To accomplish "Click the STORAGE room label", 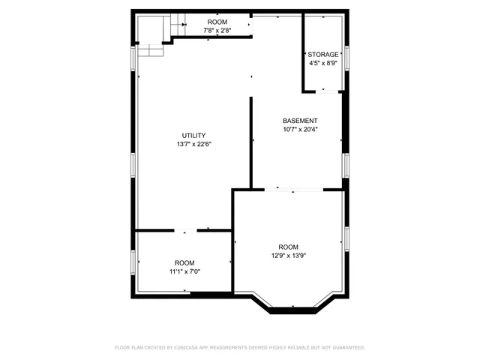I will pyautogui.click(x=323, y=55).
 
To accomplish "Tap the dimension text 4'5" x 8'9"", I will pyautogui.click(x=323, y=64).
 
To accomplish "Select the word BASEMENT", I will pyautogui.click(x=300, y=121).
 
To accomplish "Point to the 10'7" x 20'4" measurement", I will pyautogui.click(x=300, y=129).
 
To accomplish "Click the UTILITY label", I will pyautogui.click(x=193, y=136).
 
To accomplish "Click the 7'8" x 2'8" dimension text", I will pyautogui.click(x=217, y=31).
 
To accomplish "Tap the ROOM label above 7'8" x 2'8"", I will pyautogui.click(x=217, y=22).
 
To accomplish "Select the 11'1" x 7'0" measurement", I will pyautogui.click(x=184, y=271).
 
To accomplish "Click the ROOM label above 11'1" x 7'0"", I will pyautogui.click(x=184, y=262).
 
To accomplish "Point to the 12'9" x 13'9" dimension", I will pyautogui.click(x=288, y=256).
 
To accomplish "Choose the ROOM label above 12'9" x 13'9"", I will pyautogui.click(x=288, y=247).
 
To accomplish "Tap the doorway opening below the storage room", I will pyautogui.click(x=323, y=91).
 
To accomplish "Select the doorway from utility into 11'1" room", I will pyautogui.click(x=191, y=230).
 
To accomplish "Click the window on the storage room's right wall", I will pyautogui.click(x=346, y=57).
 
